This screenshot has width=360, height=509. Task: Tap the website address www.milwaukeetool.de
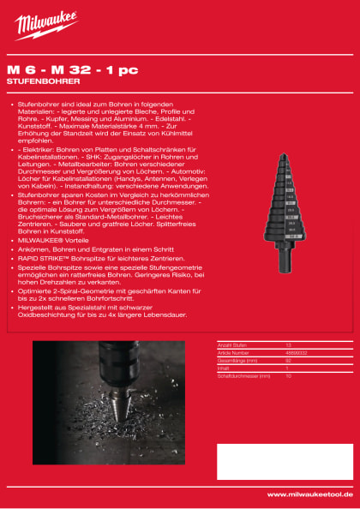(309, 494)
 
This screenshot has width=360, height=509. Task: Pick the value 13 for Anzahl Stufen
(288, 343)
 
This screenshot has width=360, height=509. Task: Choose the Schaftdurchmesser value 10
(288, 374)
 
